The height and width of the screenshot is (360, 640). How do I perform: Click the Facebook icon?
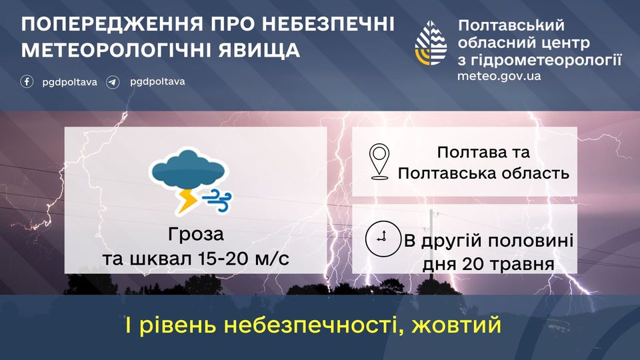(27, 81)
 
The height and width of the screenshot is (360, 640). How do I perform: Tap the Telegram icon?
(113, 82)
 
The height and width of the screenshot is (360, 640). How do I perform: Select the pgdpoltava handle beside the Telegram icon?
(157, 82)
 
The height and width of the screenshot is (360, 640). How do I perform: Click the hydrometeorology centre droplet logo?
(431, 43)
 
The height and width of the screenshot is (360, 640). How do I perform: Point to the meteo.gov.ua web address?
(499, 76)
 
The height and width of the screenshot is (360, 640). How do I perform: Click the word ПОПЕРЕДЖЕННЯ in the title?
(112, 25)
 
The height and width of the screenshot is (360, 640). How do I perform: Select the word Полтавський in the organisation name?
(511, 25)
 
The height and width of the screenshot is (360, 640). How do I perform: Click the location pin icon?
(379, 161)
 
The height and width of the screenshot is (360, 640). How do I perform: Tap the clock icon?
(383, 239)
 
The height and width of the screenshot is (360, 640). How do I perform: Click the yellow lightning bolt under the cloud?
(187, 201)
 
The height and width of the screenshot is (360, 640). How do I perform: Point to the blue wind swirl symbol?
(217, 201)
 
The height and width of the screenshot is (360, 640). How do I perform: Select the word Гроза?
(196, 235)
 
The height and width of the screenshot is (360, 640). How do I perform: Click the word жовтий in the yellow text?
(456, 326)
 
